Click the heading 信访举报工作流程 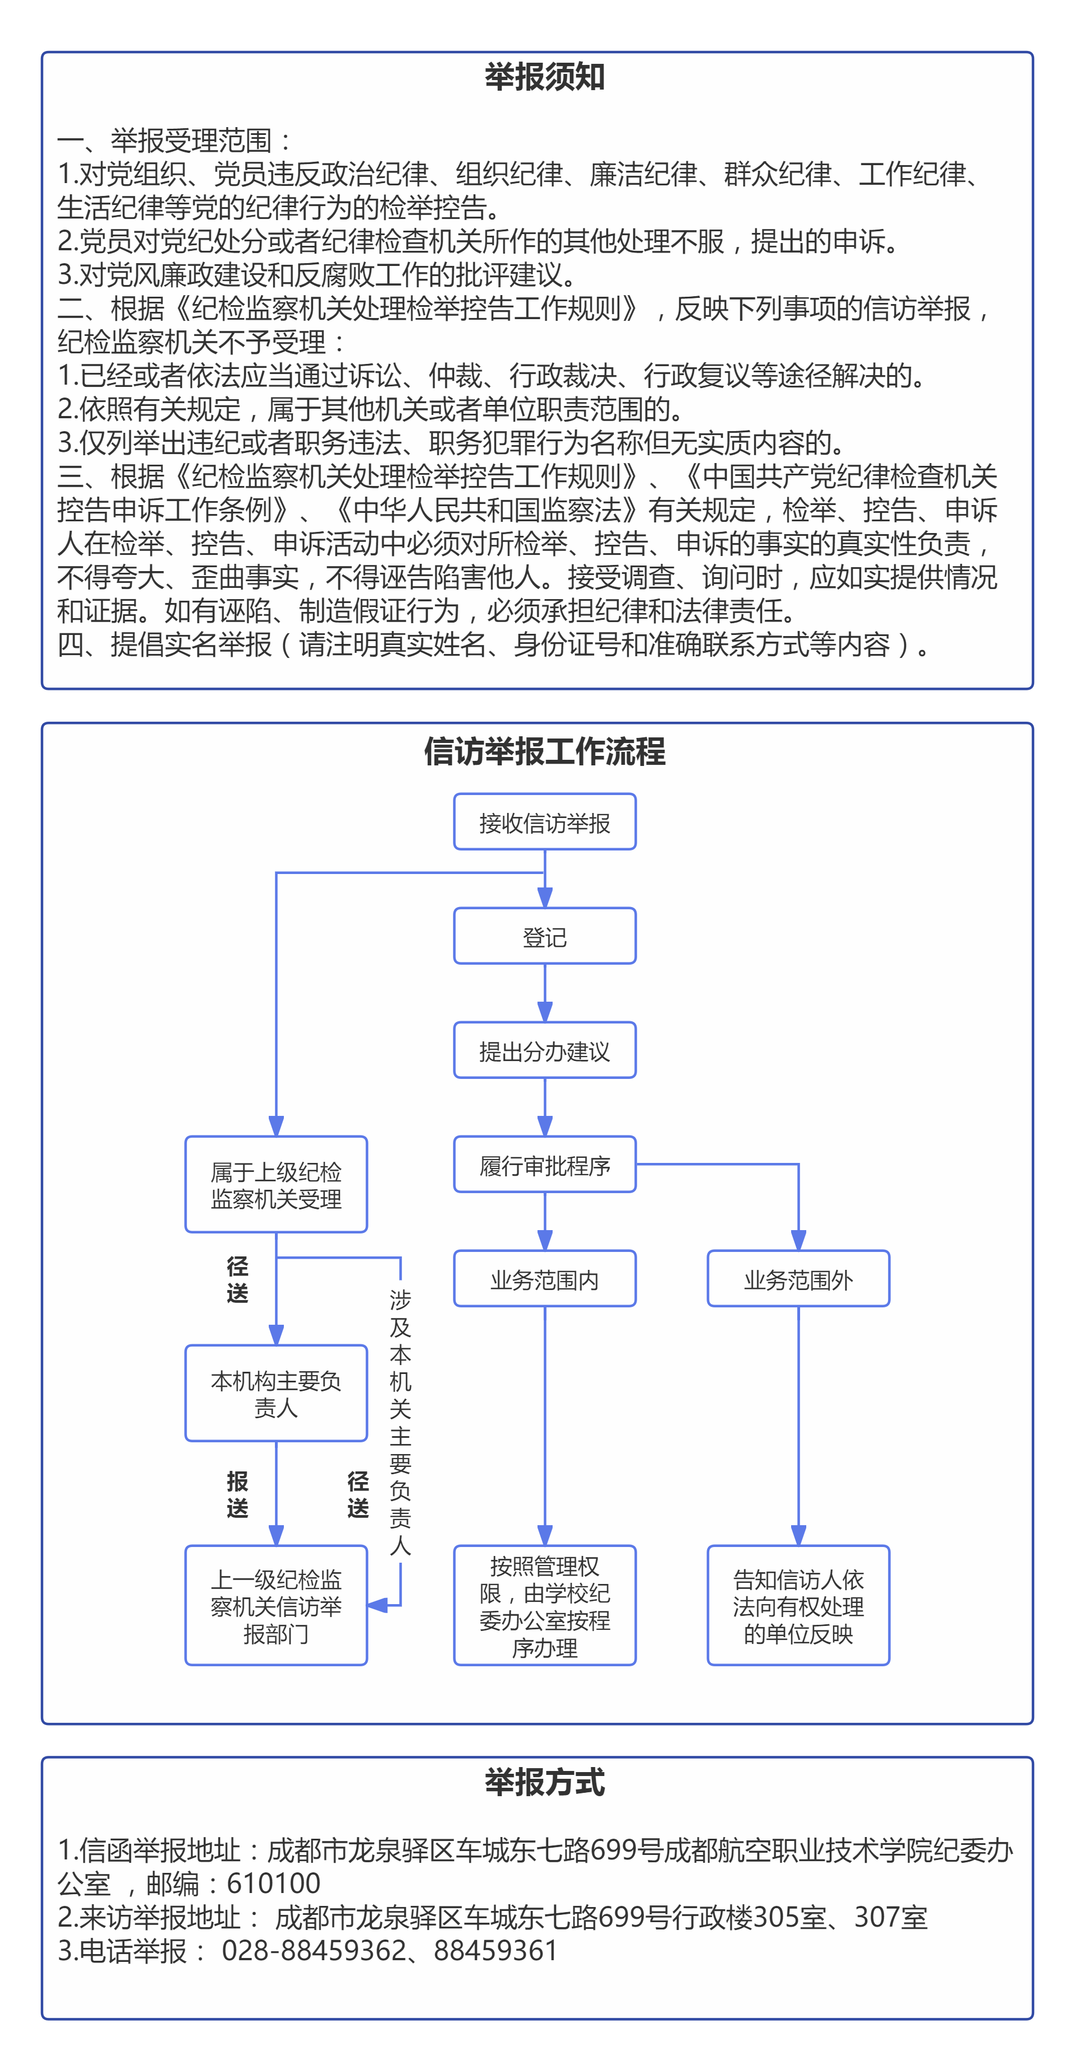pos(545,752)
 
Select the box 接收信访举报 pos(545,822)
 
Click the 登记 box pos(545,936)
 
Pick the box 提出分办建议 pos(545,1050)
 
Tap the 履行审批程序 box pos(545,1165)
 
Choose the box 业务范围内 pos(545,1278)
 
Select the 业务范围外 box pos(798,1278)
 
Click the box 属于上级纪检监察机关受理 pos(276,1185)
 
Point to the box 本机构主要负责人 pos(276,1394)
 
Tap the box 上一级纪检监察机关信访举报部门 pos(276,1606)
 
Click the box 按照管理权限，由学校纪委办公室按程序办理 pos(545,1606)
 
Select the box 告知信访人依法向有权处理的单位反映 pos(798,1606)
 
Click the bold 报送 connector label pos(237,1494)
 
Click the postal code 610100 pos(274,1884)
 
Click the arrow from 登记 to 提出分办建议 pos(545,993)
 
